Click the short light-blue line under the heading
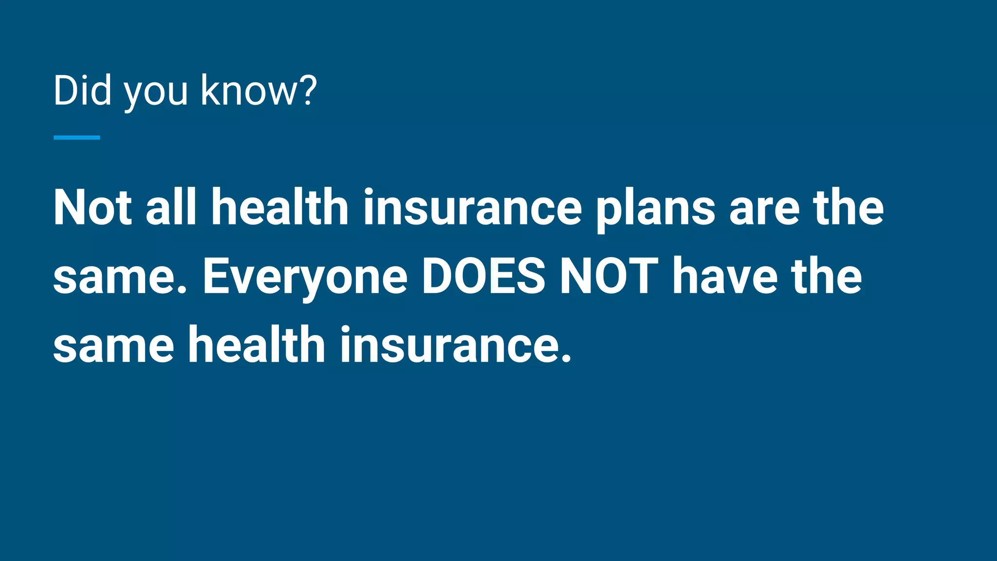(77, 138)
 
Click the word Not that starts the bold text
(92, 207)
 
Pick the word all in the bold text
(171, 207)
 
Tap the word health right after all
(280, 207)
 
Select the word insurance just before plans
(472, 207)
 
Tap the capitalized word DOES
(483, 277)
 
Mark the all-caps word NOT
(609, 277)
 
